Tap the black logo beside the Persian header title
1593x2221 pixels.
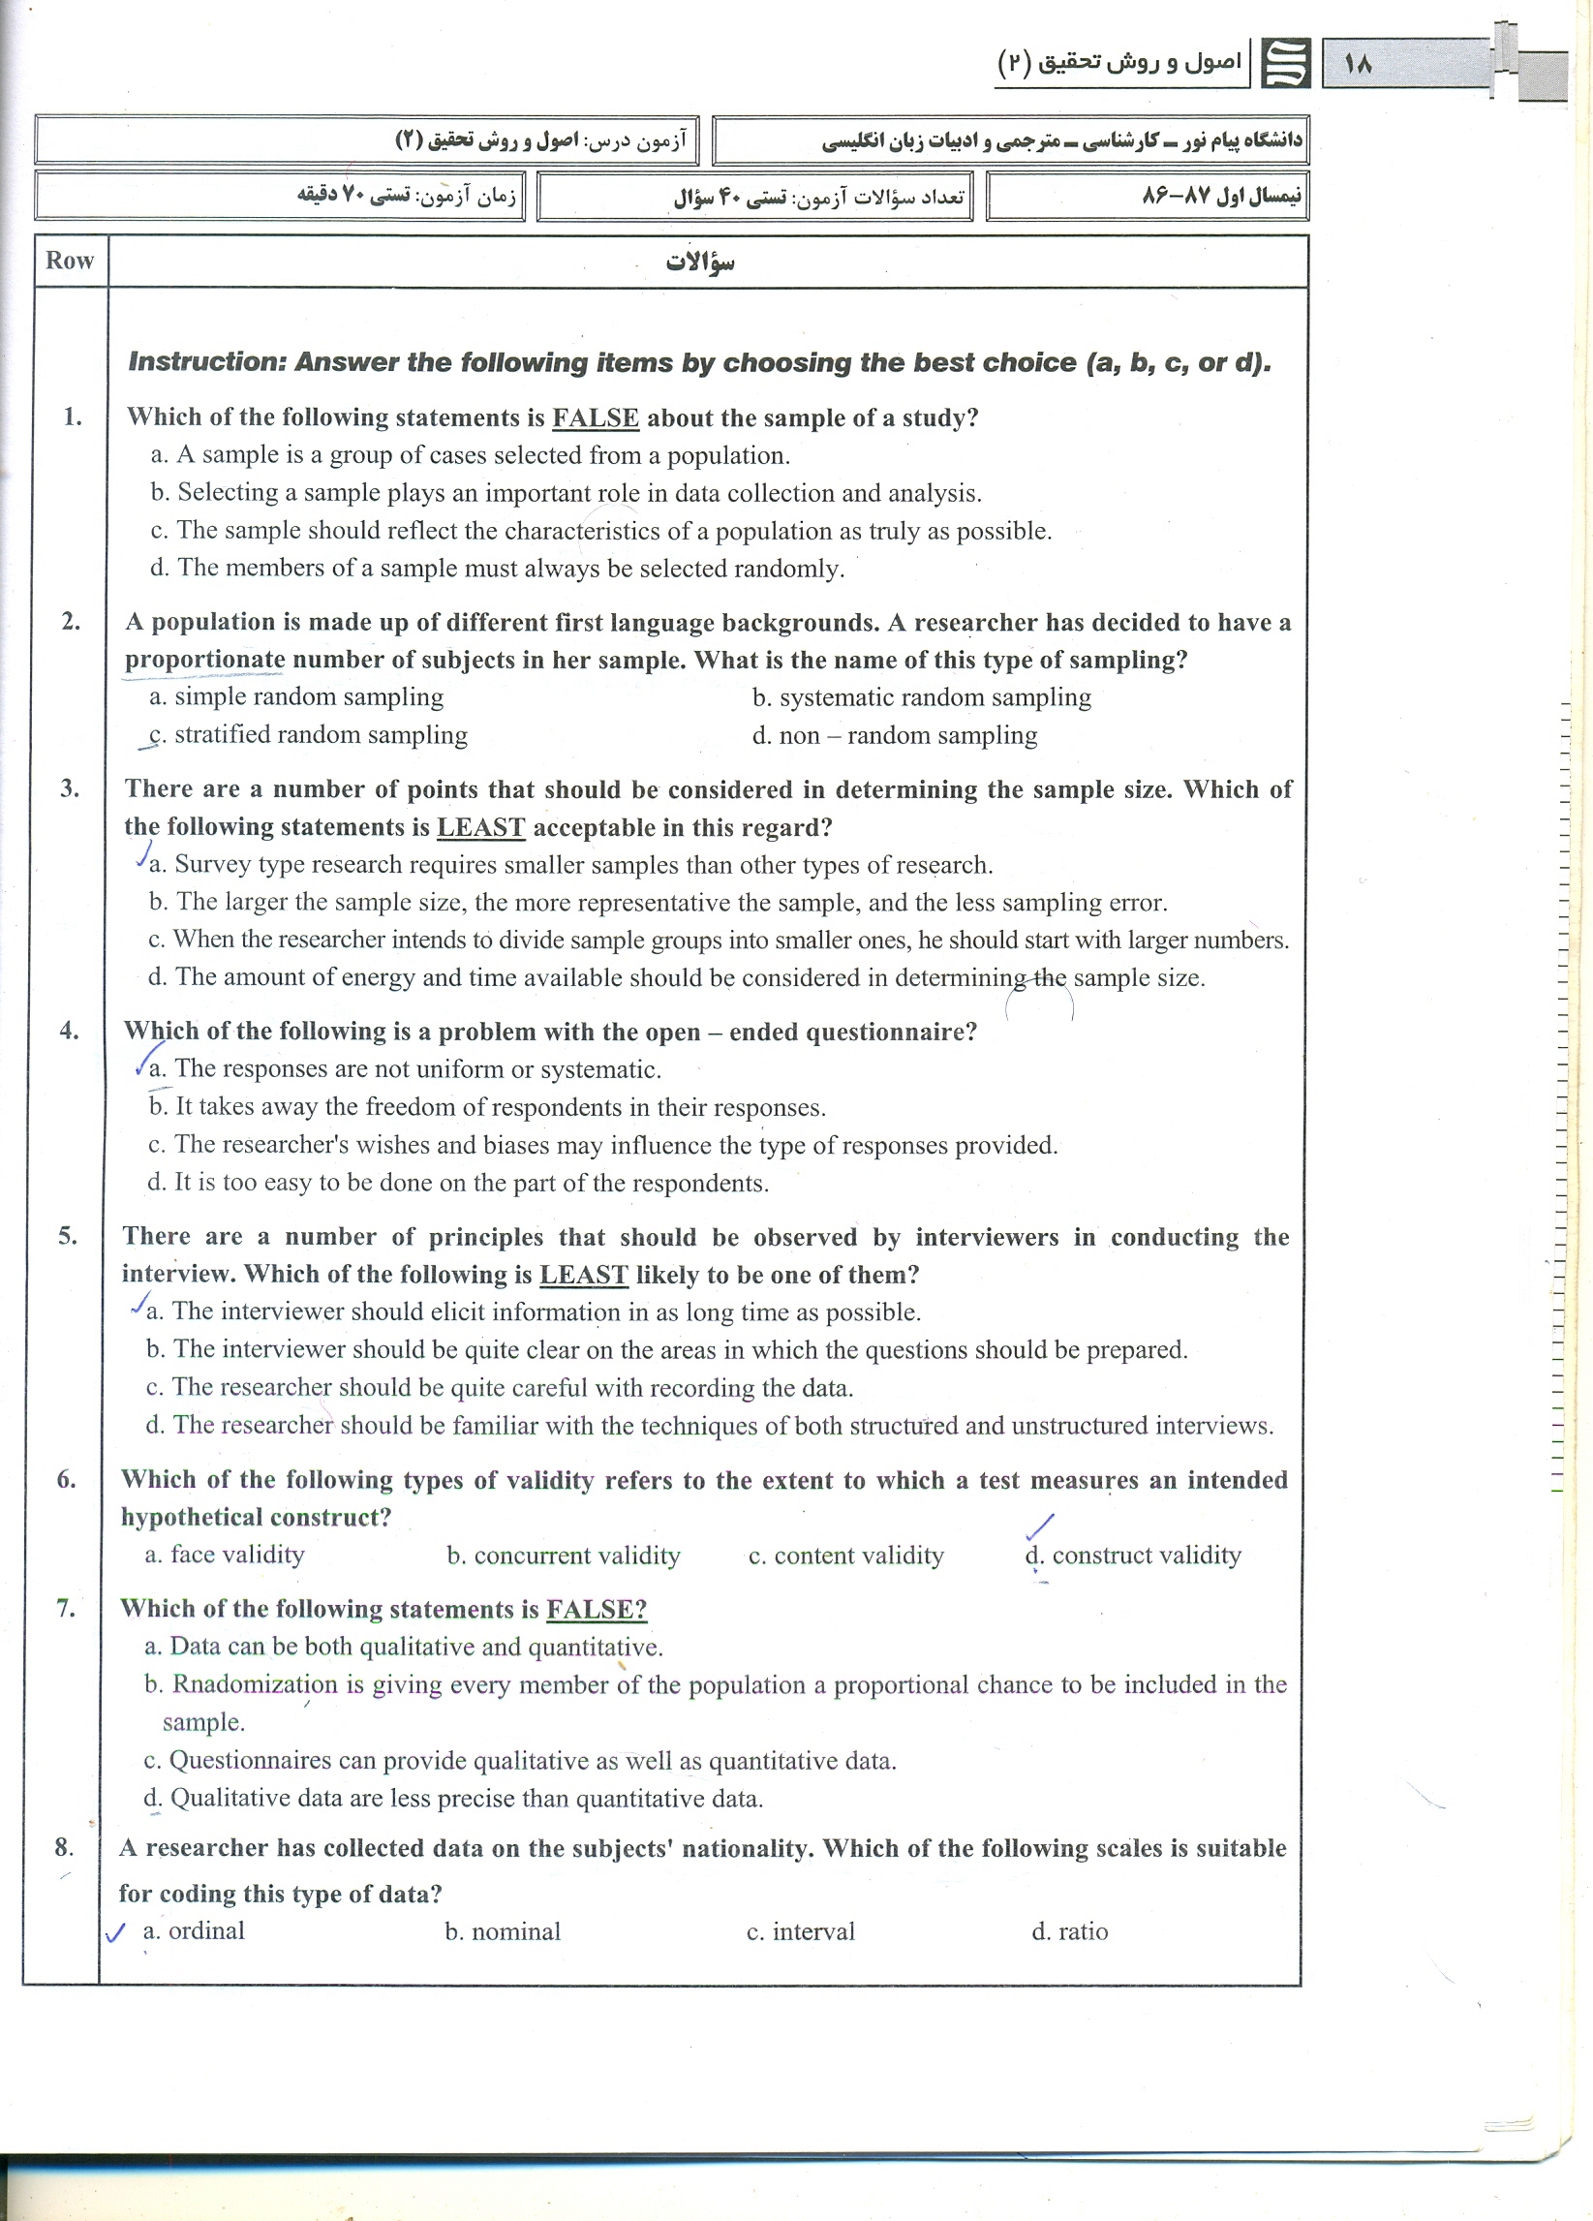[x=1285, y=64]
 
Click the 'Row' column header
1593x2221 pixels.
[x=70, y=261]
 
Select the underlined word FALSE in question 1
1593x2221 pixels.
[x=596, y=418]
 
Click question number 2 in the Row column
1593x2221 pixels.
[x=71, y=621]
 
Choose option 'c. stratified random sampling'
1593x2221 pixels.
[x=308, y=735]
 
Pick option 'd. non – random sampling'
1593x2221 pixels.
[x=894, y=735]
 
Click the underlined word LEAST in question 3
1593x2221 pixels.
[x=480, y=827]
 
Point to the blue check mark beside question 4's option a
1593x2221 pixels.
[x=148, y=1059]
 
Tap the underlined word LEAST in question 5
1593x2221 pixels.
[x=584, y=1275]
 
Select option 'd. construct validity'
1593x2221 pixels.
[x=1133, y=1556]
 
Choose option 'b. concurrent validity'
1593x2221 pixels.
[x=563, y=1557]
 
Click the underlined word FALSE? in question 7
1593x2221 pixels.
[x=597, y=1609]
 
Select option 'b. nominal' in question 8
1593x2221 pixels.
[x=503, y=1932]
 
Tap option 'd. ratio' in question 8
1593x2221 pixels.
[x=1069, y=1932]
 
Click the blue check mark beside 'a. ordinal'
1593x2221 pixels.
[x=115, y=1932]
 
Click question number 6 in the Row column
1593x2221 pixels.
[x=67, y=1480]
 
